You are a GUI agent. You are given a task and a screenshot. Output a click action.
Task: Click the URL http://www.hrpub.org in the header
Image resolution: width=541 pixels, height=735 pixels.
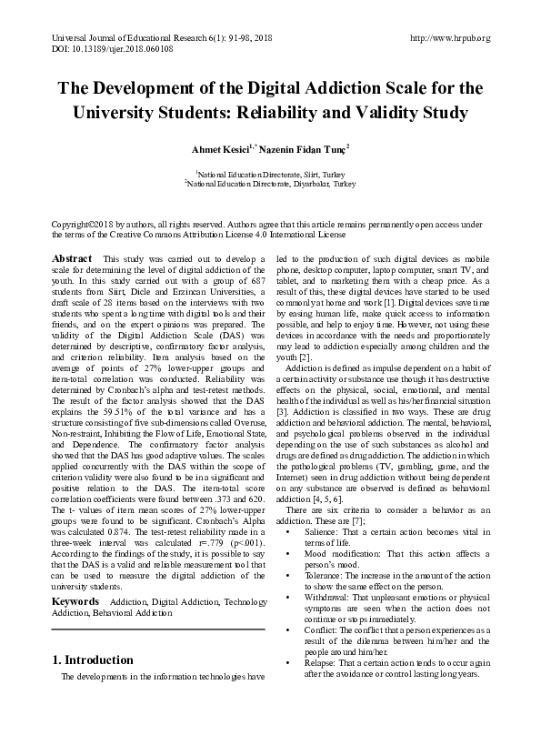pyautogui.click(x=450, y=38)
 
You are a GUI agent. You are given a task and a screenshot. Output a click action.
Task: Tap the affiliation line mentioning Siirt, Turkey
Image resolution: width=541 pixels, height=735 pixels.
pyautogui.click(x=270, y=173)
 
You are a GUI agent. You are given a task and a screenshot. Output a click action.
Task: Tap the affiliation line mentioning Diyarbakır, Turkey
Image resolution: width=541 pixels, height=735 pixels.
pyautogui.click(x=270, y=183)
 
